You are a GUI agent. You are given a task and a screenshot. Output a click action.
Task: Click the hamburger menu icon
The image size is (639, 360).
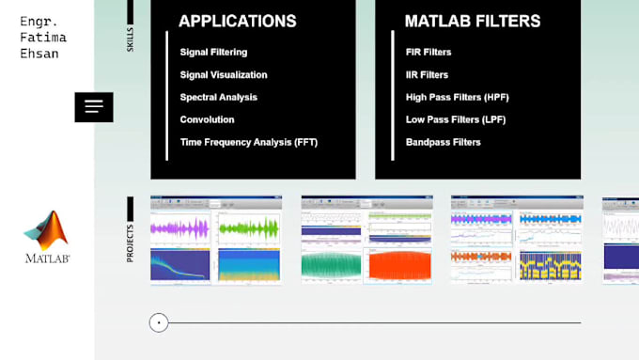[x=94, y=107]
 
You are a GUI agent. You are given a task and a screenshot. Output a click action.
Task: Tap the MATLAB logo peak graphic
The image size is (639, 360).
[x=46, y=230]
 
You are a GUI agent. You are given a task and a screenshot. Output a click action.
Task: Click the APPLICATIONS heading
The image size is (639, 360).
[x=237, y=21]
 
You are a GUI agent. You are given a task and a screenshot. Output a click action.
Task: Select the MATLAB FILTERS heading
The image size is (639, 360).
[x=472, y=21]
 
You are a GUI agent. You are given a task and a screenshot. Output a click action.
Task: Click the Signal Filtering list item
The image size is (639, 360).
[x=213, y=53]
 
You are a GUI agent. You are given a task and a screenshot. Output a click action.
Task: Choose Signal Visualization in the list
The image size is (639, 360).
[x=224, y=75]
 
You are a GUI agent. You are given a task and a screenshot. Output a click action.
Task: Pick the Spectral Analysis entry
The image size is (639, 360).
[x=218, y=98]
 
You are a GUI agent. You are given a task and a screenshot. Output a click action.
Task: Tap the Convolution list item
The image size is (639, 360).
[x=207, y=120]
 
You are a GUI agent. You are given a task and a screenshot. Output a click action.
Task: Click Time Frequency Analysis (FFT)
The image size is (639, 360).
[x=249, y=143]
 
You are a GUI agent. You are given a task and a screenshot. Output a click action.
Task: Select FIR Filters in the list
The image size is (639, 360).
[x=429, y=53]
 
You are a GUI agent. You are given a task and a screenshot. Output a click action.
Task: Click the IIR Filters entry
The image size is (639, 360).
[x=427, y=75]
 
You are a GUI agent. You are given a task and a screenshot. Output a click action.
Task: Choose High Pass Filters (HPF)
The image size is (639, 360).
[x=457, y=98]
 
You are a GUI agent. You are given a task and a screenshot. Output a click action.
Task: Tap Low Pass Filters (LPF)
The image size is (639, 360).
[x=456, y=120]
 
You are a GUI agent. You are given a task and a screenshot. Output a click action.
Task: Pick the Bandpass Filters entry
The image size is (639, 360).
[x=443, y=143]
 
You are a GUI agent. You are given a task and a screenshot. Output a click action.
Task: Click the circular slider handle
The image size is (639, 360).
[x=159, y=323]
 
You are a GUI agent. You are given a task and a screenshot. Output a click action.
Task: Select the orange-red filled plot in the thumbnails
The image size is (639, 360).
[x=398, y=265]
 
